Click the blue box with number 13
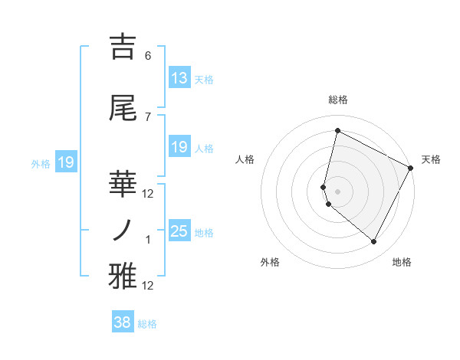coord(179,78)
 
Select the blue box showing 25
coord(179,231)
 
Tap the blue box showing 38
coord(123,323)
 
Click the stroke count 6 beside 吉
coord(148,56)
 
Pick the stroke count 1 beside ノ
coord(148,240)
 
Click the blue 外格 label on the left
coord(40,163)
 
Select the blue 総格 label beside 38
coord(147,324)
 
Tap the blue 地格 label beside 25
coord(204,232)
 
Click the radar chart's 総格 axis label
coord(338,100)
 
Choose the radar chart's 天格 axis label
coord(431,159)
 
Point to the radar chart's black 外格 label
coord(270,262)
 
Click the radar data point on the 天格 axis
coord(411,168)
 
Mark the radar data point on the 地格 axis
coord(373,241)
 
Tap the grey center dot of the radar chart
coord(338,191)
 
